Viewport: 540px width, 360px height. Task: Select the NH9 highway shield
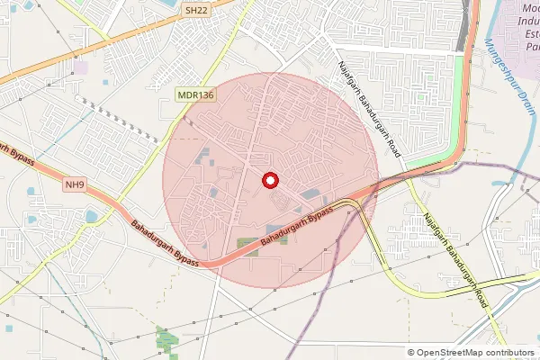click(76, 185)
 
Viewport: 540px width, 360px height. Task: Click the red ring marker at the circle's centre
click(269, 180)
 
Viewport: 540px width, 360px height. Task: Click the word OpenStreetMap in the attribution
click(448, 352)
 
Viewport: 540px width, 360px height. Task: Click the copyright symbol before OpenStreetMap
click(411, 352)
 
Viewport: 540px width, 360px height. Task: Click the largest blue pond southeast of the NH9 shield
click(92, 216)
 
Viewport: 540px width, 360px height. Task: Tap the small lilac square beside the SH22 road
click(81, 67)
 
